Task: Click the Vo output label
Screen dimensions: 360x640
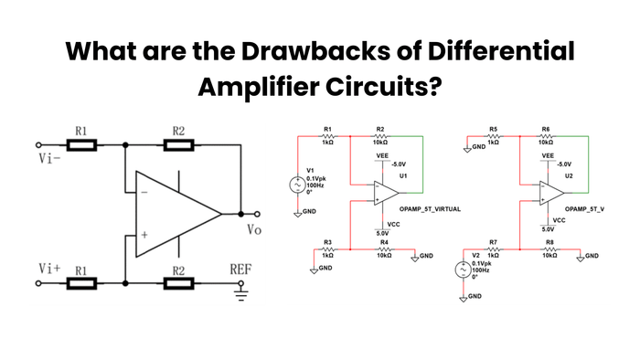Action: tap(254, 229)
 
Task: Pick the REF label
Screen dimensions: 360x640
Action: tap(243, 270)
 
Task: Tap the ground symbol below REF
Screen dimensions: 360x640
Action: tap(242, 295)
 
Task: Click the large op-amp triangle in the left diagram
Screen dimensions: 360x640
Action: tap(174, 214)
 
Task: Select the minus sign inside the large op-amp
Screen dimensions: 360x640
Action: tap(144, 193)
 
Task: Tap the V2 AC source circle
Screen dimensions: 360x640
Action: tap(464, 270)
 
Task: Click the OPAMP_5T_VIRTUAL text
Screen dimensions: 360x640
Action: tap(429, 209)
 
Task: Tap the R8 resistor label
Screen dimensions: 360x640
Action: tap(549, 241)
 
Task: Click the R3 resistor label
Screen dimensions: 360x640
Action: tap(327, 241)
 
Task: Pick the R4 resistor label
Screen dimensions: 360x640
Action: tap(384, 241)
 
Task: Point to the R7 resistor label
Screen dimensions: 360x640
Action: tap(493, 241)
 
